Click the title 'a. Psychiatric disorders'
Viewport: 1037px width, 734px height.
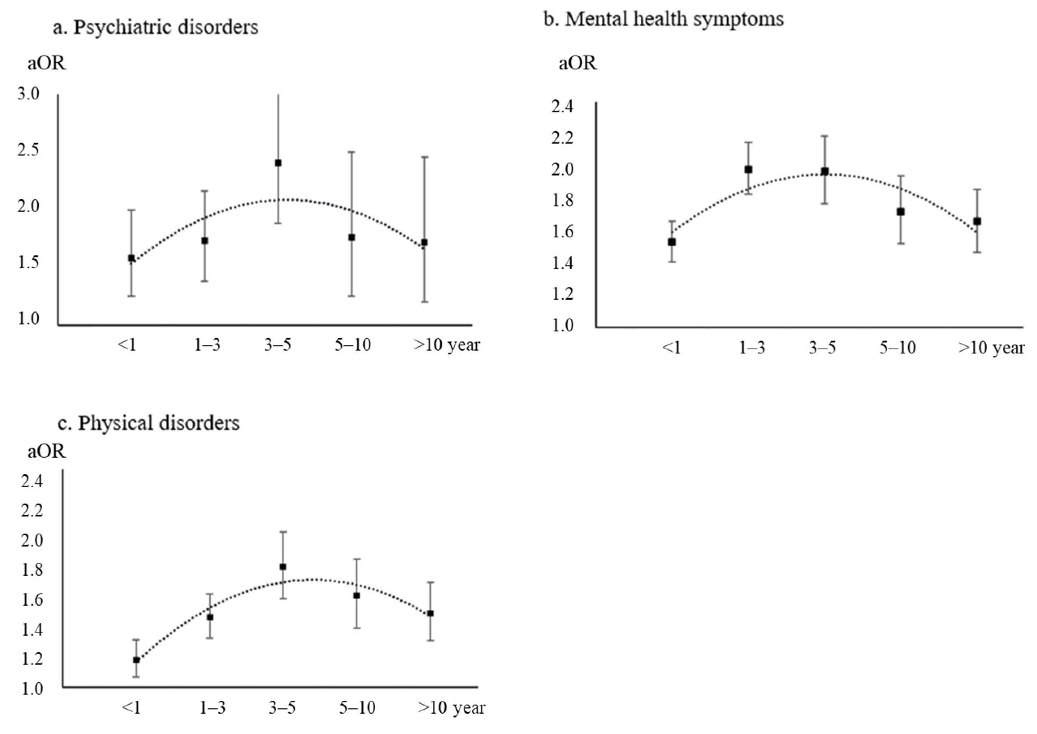[156, 28]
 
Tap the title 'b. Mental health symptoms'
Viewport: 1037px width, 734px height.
[663, 19]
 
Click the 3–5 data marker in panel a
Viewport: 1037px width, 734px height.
[278, 163]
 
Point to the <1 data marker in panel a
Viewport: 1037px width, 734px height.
[132, 258]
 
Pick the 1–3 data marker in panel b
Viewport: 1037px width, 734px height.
[748, 170]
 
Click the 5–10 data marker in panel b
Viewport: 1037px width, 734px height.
[901, 211]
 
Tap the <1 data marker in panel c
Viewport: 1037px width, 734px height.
[136, 660]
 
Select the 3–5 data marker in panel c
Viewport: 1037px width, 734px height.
[283, 567]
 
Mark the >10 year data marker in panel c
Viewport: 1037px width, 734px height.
[430, 613]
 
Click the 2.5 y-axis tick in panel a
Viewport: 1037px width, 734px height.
[28, 151]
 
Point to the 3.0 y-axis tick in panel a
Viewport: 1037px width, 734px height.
[28, 94]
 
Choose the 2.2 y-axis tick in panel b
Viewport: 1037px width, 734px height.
[562, 138]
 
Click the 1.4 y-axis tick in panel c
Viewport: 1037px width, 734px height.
[32, 630]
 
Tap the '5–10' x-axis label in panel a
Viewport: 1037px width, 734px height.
[353, 345]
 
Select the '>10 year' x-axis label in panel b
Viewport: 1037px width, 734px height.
[991, 348]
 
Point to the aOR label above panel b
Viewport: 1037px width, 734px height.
[577, 64]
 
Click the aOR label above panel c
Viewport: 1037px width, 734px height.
[47, 452]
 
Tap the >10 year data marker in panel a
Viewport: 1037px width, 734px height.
[424, 243]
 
